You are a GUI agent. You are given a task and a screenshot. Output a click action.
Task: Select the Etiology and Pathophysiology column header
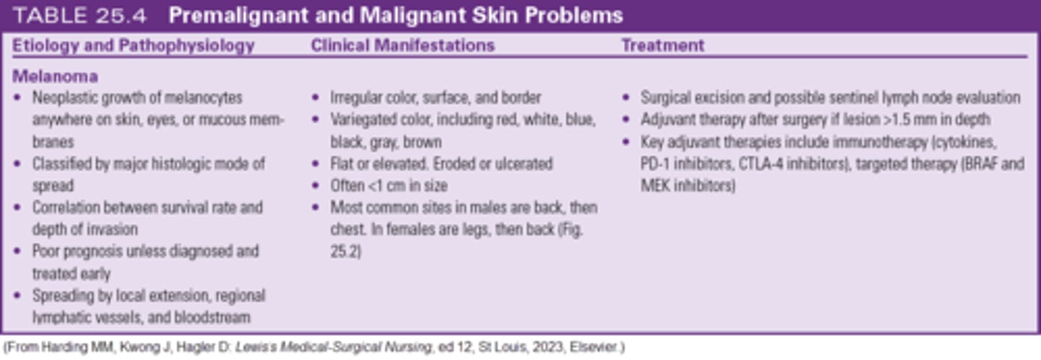tap(134, 46)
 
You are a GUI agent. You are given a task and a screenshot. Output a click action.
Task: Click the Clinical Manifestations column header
tap(403, 46)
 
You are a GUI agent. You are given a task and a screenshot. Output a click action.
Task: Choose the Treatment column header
tap(663, 46)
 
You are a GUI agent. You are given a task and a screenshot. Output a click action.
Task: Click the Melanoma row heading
tap(55, 77)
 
